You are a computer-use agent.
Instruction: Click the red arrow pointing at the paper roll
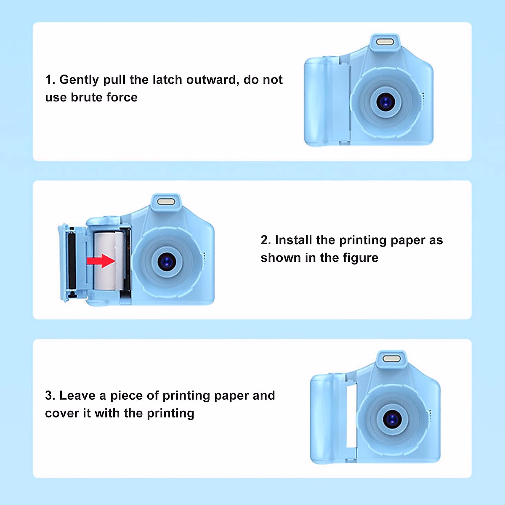[x=101, y=261]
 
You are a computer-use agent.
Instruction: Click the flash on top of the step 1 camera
[x=384, y=42]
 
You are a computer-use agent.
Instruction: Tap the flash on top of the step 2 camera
[x=166, y=201]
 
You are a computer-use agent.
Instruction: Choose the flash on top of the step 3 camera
[x=392, y=359]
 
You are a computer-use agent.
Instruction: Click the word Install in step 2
[x=294, y=240]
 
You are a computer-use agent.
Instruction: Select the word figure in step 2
[x=363, y=258]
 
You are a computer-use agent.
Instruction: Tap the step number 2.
[x=265, y=240]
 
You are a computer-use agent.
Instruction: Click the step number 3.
[x=49, y=396]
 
